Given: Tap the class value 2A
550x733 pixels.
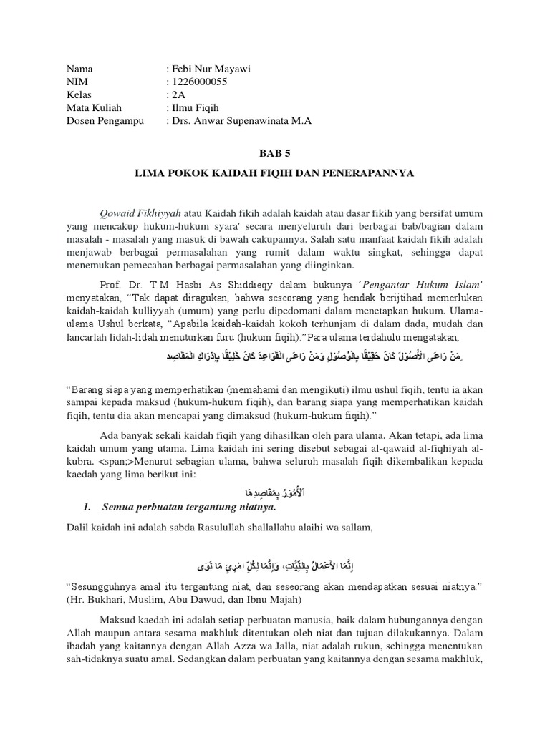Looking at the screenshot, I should coord(178,95).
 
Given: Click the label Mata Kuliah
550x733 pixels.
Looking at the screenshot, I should coord(94,108).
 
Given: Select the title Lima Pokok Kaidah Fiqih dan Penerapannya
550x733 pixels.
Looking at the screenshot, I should coord(275,174).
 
